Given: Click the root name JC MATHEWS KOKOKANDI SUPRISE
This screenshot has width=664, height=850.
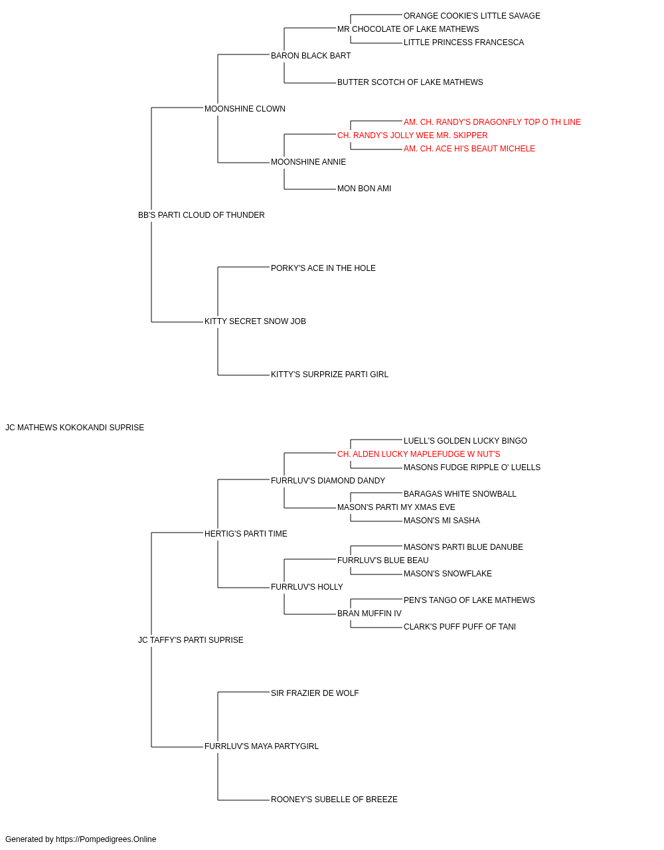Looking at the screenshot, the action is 74,428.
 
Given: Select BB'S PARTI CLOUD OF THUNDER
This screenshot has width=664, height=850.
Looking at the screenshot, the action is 201,215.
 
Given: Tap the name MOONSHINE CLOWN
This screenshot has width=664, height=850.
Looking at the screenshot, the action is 245,109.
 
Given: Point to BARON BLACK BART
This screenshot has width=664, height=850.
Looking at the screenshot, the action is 311,56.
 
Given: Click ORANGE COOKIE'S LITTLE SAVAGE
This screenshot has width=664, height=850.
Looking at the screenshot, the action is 472,16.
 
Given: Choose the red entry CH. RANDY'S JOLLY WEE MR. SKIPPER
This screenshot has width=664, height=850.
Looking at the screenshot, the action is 412,135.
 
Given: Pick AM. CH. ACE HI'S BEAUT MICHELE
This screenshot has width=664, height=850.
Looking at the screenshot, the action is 469,149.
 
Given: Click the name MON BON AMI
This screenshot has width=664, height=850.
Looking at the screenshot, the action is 364,189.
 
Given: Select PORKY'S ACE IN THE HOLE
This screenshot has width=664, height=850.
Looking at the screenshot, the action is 323,268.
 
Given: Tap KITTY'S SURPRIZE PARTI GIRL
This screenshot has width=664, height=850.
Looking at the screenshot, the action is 329,375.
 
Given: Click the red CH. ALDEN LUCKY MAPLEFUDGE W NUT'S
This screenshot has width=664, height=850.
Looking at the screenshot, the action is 419,454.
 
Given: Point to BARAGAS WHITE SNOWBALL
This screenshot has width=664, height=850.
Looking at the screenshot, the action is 460,494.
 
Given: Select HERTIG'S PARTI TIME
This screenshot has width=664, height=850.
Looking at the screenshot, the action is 246,534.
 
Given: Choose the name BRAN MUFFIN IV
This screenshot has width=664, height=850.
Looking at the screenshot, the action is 370,614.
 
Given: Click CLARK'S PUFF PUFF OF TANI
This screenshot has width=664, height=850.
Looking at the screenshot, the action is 460,627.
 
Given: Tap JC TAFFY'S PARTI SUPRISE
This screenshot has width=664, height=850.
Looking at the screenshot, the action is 191,640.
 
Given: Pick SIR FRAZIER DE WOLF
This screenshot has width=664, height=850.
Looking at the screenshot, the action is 315,693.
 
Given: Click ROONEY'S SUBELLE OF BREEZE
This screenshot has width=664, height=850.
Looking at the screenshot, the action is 335,800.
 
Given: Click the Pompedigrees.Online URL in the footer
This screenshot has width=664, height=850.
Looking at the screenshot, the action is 106,839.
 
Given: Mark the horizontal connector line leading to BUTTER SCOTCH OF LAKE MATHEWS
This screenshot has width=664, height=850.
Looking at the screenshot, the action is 310,83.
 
